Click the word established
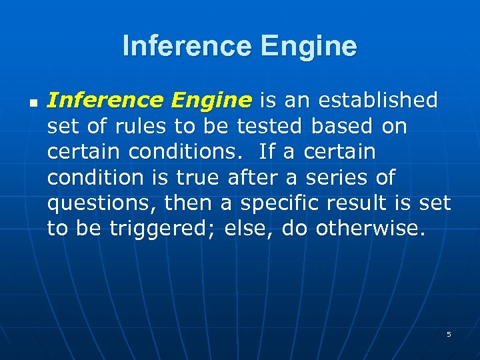click(378, 101)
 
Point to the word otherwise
click(369, 229)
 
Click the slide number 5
click(449, 334)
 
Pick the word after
click(251, 177)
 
